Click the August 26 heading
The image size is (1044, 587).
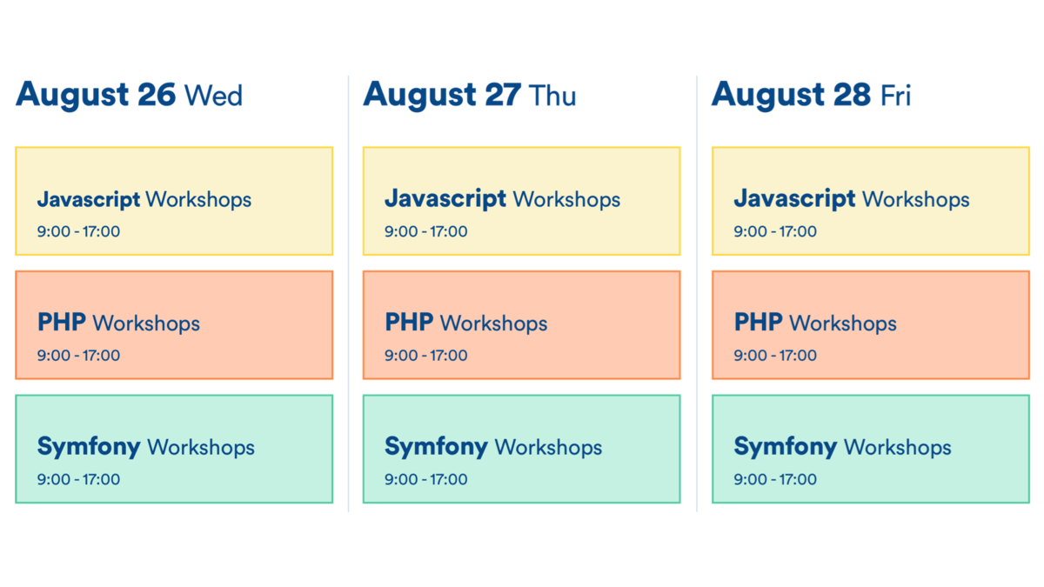click(96, 95)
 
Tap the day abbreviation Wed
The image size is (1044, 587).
click(214, 95)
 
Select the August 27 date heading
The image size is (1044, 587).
click(442, 95)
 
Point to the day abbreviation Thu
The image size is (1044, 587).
click(553, 95)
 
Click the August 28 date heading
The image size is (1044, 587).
click(791, 95)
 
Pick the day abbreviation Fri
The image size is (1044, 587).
click(895, 95)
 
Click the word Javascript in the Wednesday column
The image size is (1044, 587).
click(88, 199)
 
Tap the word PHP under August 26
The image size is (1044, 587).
click(61, 324)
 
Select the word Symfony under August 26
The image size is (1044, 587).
click(88, 448)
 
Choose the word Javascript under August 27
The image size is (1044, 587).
click(445, 199)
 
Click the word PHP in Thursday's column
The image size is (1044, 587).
click(409, 324)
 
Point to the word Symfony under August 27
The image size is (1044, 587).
click(436, 448)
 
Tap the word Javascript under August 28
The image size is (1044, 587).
click(794, 199)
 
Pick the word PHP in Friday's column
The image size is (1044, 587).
click(759, 324)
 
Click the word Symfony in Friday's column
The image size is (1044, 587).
click(786, 448)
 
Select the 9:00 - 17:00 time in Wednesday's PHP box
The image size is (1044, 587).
click(78, 356)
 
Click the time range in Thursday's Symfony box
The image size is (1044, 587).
click(426, 479)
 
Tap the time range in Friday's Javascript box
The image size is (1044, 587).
click(775, 231)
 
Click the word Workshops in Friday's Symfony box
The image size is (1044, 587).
click(897, 448)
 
